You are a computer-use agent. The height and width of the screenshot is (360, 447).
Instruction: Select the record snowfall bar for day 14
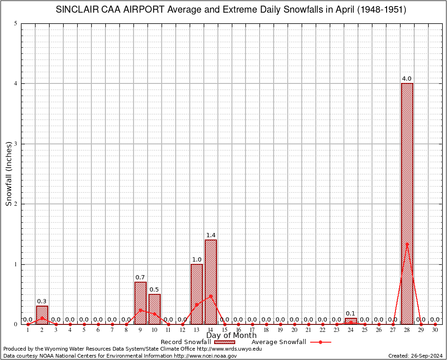211,282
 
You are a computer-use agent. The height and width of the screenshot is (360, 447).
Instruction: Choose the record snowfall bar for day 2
42,315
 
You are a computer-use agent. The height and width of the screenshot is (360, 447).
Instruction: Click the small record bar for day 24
351,321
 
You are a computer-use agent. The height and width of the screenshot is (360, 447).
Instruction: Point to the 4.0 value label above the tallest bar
407,79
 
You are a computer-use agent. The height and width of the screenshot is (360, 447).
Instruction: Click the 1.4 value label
211,235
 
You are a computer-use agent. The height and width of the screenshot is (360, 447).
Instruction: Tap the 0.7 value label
141,277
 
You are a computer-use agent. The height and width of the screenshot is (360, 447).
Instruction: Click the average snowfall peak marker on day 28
407,244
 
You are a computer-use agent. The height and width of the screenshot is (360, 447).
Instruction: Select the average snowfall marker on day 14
211,296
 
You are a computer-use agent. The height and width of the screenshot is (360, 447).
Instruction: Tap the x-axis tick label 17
253,330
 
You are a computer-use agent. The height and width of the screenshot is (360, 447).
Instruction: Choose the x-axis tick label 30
435,330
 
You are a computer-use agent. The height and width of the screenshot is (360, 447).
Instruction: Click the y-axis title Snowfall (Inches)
8,174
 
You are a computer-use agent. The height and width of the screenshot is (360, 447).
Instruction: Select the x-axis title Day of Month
231,336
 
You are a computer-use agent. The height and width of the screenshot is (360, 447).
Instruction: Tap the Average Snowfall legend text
278,342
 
